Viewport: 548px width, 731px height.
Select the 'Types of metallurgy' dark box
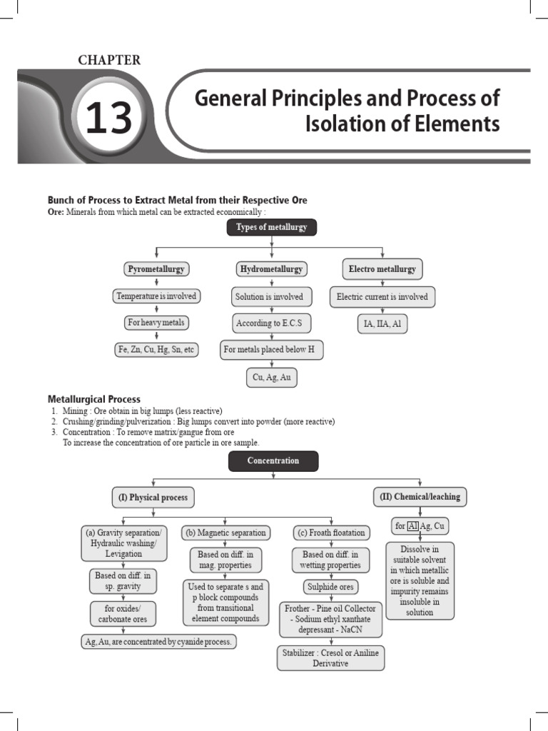pos(271,228)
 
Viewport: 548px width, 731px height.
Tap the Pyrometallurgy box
pos(156,269)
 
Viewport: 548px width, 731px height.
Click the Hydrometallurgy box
pos(271,269)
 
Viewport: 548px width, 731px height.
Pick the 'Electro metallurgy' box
pos(382,269)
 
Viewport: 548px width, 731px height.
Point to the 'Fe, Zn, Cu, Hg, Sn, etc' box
pos(156,350)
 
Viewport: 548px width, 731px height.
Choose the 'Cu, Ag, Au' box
pos(271,378)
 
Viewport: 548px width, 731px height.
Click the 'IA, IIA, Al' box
pos(382,324)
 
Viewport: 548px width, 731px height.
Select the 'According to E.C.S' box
pos(271,323)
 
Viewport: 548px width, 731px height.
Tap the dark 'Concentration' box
pos(273,461)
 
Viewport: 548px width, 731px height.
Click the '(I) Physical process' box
pos(154,498)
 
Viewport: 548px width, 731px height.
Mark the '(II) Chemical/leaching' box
pos(420,497)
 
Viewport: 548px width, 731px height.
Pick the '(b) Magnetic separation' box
pos(225,533)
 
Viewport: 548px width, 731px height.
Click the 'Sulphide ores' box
pos(331,587)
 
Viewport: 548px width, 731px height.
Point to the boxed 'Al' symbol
pos(412,526)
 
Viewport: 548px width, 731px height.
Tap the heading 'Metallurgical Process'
pos(94,399)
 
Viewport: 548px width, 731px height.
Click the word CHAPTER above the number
pos(109,61)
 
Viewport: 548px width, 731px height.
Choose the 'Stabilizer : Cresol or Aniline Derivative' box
pos(331,658)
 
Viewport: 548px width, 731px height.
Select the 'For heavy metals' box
pos(156,323)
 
